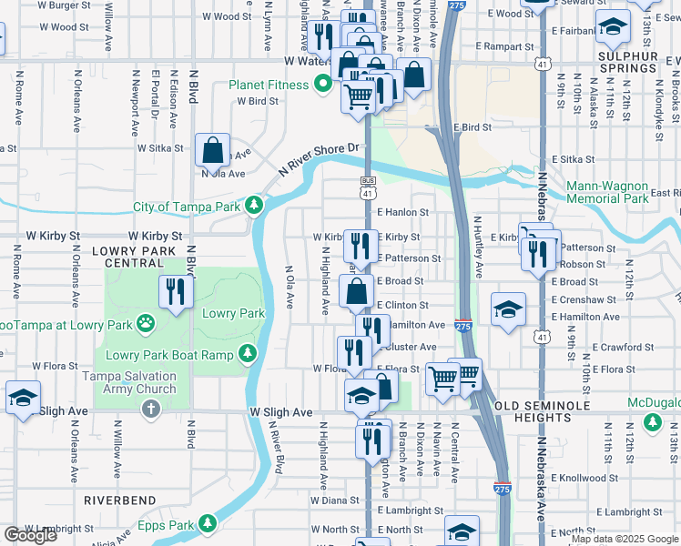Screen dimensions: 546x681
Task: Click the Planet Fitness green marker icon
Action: coord(321,86)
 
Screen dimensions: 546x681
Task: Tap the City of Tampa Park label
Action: coord(187,207)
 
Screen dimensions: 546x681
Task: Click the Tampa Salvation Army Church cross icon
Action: coord(151,410)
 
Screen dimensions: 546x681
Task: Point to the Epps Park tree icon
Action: coord(208,523)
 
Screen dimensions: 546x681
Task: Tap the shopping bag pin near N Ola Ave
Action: coord(211,149)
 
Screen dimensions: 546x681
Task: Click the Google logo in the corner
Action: coord(30,535)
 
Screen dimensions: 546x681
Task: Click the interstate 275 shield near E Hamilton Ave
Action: coord(462,326)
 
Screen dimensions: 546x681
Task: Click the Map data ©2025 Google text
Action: coord(624,539)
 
